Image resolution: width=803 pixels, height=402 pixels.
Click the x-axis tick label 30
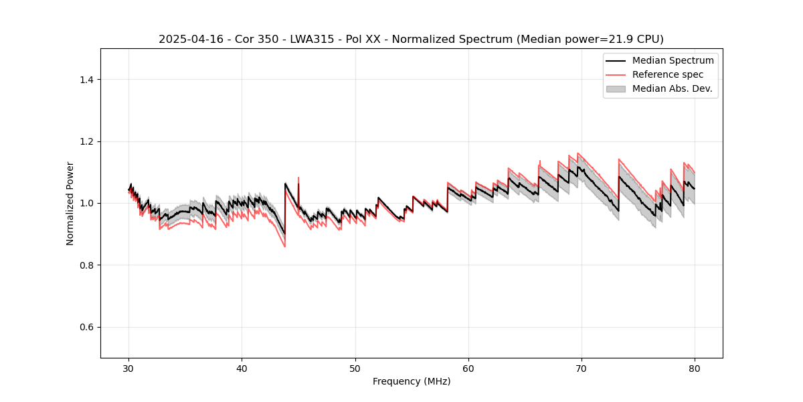tap(129, 368)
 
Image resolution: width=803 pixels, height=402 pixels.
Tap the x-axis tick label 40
tap(242, 368)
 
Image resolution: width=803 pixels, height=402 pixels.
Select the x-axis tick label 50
tap(355, 368)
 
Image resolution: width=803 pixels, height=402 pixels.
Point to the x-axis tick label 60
tap(468, 368)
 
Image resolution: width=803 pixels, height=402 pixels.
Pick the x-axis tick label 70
tap(582, 368)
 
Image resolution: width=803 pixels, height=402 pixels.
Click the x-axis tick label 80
tap(695, 368)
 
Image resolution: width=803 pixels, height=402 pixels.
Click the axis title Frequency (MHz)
tap(412, 381)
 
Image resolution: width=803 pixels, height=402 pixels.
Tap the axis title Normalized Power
tap(70, 203)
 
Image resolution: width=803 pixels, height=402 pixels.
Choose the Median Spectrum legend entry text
tap(673, 60)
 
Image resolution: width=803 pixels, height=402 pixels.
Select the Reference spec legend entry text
tap(667, 74)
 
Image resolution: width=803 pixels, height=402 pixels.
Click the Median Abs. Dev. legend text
tap(672, 88)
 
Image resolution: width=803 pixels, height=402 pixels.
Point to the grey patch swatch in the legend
tap(616, 88)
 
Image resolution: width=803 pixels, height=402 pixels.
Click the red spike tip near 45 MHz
tap(298, 178)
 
